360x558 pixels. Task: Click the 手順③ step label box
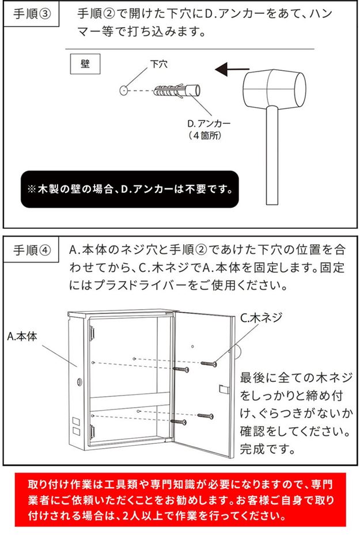(31, 14)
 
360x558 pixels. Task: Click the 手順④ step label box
(31, 250)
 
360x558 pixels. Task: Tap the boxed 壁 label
(85, 64)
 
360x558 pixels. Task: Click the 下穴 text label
(159, 64)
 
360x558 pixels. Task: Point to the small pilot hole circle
(124, 90)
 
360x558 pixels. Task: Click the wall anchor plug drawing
(177, 90)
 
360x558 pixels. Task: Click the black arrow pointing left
(232, 69)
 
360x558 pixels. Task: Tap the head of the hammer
(275, 88)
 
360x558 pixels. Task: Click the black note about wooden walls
(130, 189)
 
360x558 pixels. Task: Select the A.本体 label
(22, 336)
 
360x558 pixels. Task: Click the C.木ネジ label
(261, 317)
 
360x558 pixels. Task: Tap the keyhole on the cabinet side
(79, 382)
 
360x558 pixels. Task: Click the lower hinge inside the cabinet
(92, 431)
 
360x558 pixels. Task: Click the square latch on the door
(223, 389)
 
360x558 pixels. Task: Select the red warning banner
(180, 500)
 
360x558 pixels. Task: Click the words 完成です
(268, 449)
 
